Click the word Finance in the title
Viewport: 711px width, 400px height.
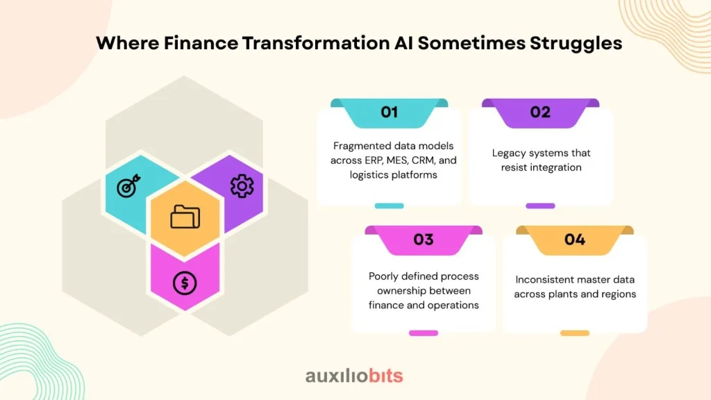[201, 43]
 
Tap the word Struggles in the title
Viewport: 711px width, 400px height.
[576, 44]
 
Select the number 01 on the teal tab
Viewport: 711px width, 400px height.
[389, 112]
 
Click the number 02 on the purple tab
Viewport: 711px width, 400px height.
[540, 112]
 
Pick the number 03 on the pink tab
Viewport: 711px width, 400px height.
[424, 239]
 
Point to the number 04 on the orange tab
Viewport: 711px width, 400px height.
[574, 239]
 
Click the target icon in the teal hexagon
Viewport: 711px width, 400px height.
[128, 185]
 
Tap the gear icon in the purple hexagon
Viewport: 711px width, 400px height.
[242, 186]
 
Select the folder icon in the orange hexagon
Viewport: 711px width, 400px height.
[185, 217]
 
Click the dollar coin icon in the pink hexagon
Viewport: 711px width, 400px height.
[185, 283]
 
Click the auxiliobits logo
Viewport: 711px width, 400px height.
[354, 376]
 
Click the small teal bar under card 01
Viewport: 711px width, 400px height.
[389, 206]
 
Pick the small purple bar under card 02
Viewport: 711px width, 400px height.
[540, 206]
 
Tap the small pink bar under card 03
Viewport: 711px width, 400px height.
[424, 333]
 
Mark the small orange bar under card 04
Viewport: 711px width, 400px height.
[574, 333]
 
